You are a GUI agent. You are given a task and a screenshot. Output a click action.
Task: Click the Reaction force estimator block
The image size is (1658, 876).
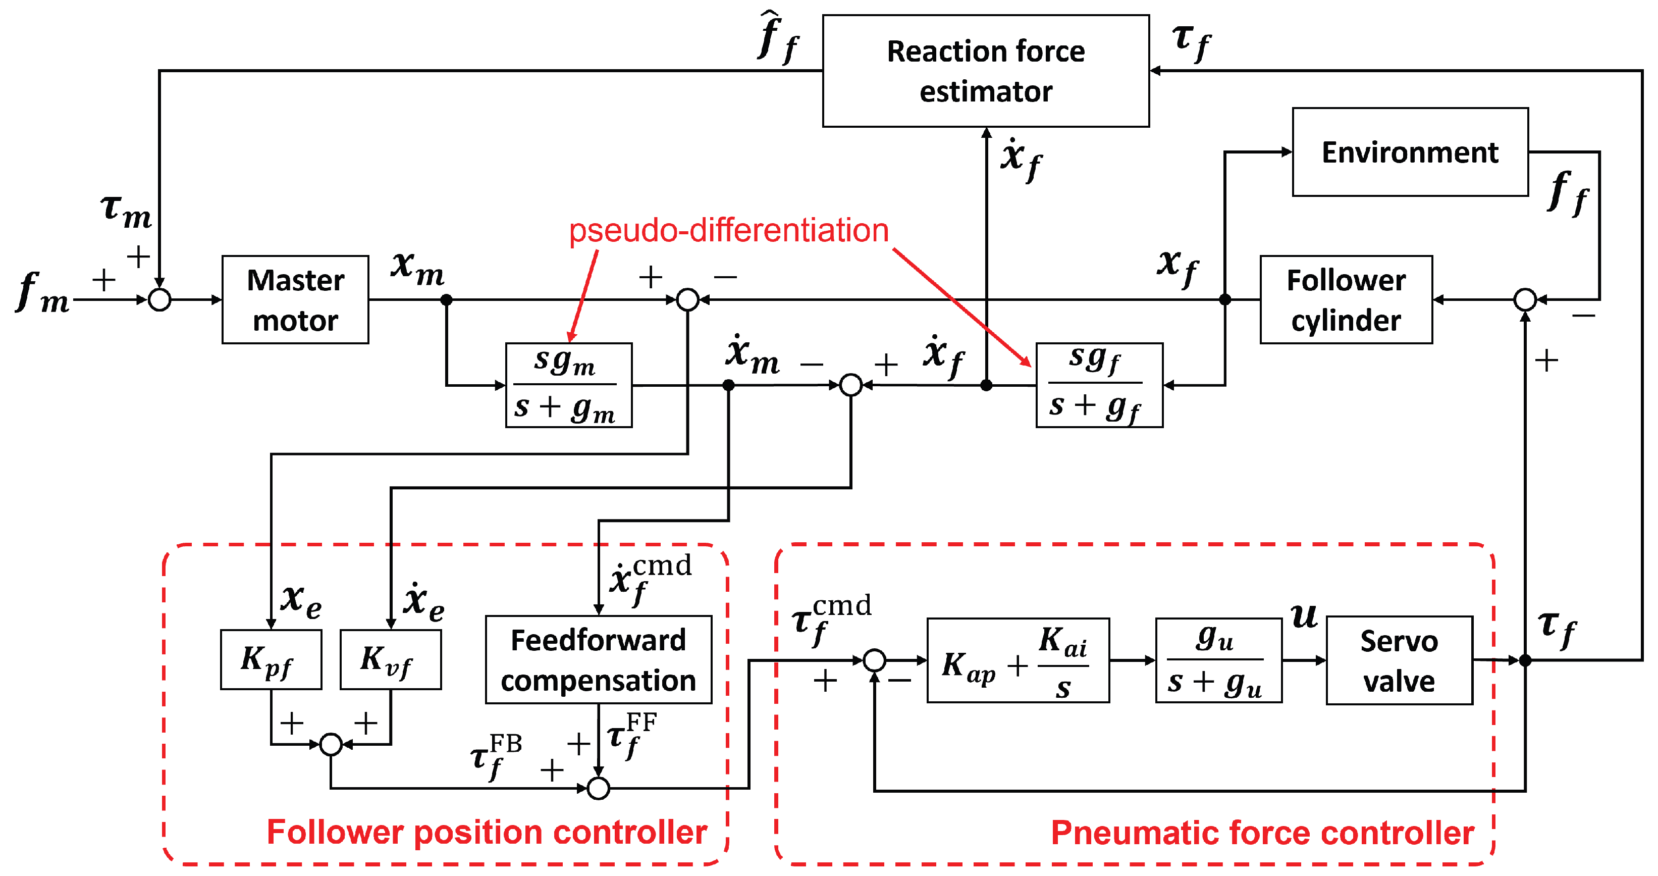click(x=985, y=71)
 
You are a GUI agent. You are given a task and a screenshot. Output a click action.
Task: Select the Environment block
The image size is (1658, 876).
click(x=1410, y=152)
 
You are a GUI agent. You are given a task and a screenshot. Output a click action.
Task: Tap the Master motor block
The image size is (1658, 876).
click(x=295, y=299)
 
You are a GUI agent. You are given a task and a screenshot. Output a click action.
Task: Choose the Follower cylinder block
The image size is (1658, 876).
click(x=1346, y=299)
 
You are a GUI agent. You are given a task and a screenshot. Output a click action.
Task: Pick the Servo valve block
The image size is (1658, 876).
click(x=1399, y=660)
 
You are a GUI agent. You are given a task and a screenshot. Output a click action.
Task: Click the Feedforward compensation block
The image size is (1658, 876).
click(x=598, y=660)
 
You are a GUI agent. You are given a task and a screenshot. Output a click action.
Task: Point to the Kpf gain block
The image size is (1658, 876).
click(x=271, y=660)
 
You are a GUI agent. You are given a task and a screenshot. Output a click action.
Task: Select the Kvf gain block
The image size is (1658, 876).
click(x=391, y=660)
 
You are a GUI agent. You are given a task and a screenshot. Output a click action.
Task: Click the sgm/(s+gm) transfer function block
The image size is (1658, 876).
click(x=569, y=385)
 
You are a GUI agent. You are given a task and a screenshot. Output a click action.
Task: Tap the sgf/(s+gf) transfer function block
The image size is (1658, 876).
click(x=1099, y=385)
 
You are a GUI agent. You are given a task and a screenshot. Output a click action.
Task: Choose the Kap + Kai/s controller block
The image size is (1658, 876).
click(x=1018, y=660)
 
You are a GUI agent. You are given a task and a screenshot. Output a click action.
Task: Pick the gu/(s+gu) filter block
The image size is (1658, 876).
click(x=1218, y=660)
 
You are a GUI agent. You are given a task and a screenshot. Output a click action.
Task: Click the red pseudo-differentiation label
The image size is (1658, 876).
click(x=729, y=230)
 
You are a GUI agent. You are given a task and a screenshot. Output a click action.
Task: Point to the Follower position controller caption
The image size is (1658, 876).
click(x=487, y=832)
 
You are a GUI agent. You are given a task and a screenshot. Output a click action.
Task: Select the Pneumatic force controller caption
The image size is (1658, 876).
click(x=1262, y=832)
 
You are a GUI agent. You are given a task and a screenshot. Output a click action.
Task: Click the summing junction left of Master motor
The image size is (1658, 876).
click(x=159, y=299)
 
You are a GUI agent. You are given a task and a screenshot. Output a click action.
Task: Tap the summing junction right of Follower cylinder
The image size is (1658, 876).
click(x=1525, y=299)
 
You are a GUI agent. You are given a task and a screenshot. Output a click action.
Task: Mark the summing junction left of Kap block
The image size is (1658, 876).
click(x=874, y=660)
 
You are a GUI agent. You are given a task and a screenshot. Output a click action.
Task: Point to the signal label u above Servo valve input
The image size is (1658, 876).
click(x=1304, y=615)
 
